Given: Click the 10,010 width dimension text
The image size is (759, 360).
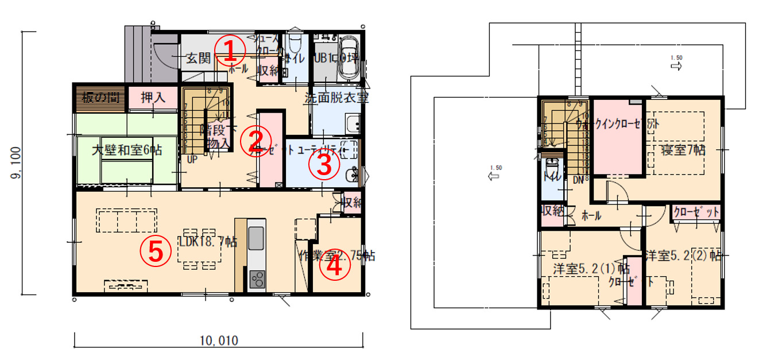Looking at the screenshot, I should point(219,340).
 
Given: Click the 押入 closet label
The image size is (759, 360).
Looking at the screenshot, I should point(153,98).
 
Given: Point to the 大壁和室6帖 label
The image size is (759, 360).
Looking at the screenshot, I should point(127,150).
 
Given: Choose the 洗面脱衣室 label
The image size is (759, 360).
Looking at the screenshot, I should point(336,98).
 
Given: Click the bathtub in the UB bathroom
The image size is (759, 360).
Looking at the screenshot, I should point(348,57).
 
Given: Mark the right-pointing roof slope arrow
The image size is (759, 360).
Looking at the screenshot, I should point(676,67).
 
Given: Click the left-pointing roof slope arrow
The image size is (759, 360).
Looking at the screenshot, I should point(493,176).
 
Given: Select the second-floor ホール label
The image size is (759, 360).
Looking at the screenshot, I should point(591,216).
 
